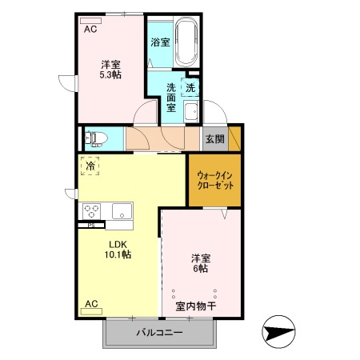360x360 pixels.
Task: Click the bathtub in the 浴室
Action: pyautogui.click(x=186, y=42)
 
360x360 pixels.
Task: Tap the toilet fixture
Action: pyautogui.click(x=96, y=139)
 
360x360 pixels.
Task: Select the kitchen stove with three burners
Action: pyautogui.click(x=91, y=211)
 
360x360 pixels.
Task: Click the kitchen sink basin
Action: pyautogui.click(x=122, y=211)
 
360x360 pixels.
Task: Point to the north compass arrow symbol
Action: pyautogui.click(x=278, y=332)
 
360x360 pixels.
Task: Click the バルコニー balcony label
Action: pyautogui.click(x=159, y=333)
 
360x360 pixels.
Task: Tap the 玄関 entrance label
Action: pyautogui.click(x=215, y=139)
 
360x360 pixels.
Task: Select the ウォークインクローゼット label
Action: pyautogui.click(x=215, y=181)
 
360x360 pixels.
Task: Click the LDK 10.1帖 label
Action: pyautogui.click(x=118, y=250)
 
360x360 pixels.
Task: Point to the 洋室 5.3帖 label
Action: pyautogui.click(x=110, y=70)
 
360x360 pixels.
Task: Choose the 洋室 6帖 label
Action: pyautogui.click(x=201, y=263)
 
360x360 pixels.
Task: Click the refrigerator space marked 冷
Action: pyautogui.click(x=90, y=166)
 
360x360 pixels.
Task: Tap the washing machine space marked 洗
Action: pyautogui.click(x=190, y=87)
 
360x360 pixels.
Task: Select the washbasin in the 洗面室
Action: pyautogui.click(x=191, y=111)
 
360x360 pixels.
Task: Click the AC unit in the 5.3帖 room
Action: pyautogui.click(x=90, y=21)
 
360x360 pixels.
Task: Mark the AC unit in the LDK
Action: pyautogui.click(x=91, y=311)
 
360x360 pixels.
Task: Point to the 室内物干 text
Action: pyautogui.click(x=196, y=306)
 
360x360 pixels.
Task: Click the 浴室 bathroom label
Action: pyautogui.click(x=160, y=42)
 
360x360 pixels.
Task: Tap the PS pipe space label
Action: pyautogui.click(x=91, y=226)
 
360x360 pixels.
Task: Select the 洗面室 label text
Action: pyautogui.click(x=171, y=98)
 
